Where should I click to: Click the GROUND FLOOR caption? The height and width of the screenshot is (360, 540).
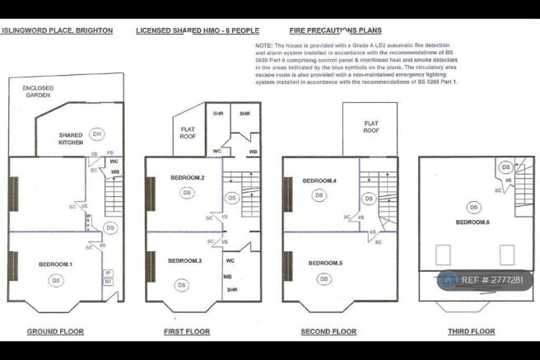(x=56, y=331)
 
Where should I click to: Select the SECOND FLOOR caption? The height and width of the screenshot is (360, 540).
(x=328, y=331)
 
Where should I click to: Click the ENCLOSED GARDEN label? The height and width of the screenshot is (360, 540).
(x=40, y=91)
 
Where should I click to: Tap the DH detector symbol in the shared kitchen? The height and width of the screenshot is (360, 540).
(x=96, y=133)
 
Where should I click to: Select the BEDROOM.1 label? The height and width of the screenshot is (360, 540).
(x=56, y=264)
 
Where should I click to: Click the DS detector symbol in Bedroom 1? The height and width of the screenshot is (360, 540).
(x=56, y=281)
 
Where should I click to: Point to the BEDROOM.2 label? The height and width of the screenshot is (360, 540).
(x=188, y=177)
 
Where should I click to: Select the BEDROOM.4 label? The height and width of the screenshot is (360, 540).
(x=319, y=180)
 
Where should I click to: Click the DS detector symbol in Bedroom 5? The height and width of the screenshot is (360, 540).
(x=324, y=279)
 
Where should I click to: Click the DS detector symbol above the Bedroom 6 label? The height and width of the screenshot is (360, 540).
(x=473, y=207)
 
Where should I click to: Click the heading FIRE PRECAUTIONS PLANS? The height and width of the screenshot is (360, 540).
(x=341, y=30)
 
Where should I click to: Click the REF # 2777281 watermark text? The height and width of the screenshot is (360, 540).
(x=492, y=280)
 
